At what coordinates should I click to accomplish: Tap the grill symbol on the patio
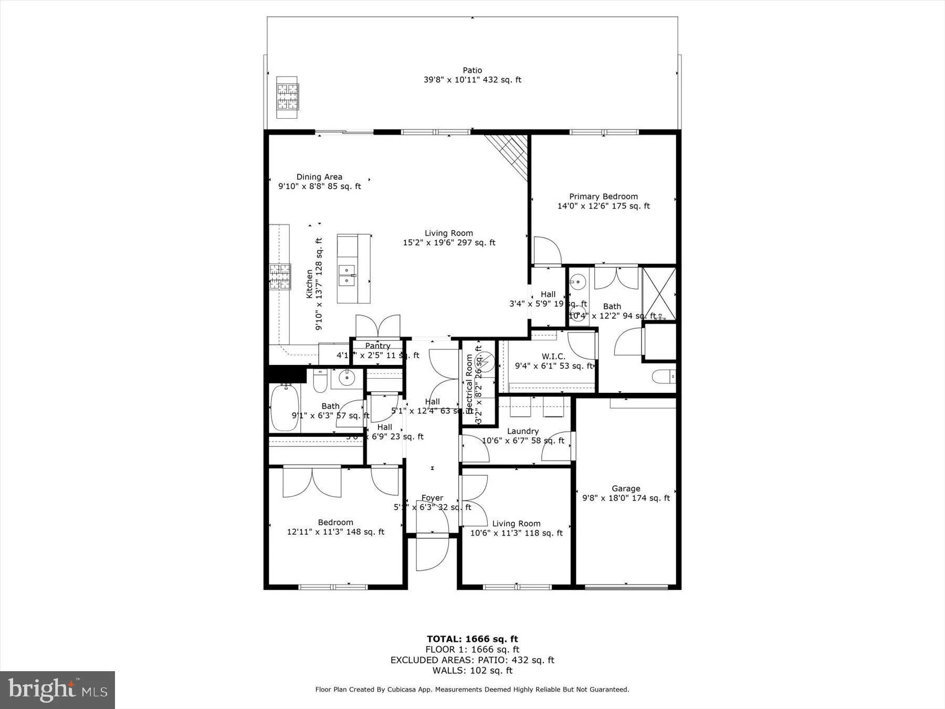tap(287, 97)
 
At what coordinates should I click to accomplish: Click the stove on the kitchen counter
tap(280, 277)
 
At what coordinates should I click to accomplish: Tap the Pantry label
tap(377, 346)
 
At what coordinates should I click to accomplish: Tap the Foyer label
tap(432, 498)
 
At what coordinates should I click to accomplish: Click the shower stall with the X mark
tap(659, 294)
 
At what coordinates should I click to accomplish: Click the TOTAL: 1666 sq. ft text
tap(472, 639)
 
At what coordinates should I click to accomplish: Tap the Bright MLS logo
tap(57, 690)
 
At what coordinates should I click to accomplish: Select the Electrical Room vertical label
tap(469, 383)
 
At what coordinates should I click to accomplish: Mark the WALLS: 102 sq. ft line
tap(472, 670)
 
